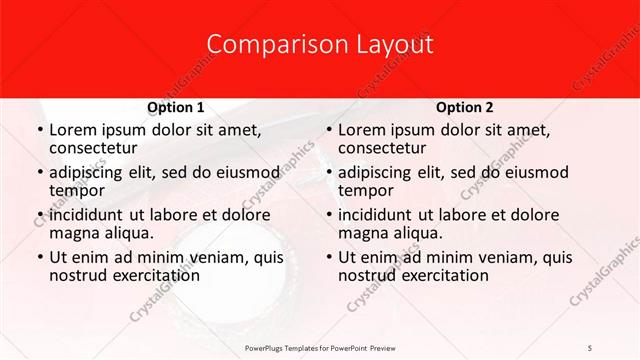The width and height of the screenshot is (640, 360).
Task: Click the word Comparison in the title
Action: (x=264, y=45)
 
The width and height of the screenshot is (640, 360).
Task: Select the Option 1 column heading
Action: (x=176, y=107)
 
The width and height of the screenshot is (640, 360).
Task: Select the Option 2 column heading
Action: (x=465, y=107)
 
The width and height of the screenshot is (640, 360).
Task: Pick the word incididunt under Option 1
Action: (x=88, y=214)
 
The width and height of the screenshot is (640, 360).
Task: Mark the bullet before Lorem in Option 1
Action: (x=38, y=130)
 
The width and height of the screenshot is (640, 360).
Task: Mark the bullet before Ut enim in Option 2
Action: (x=327, y=257)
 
